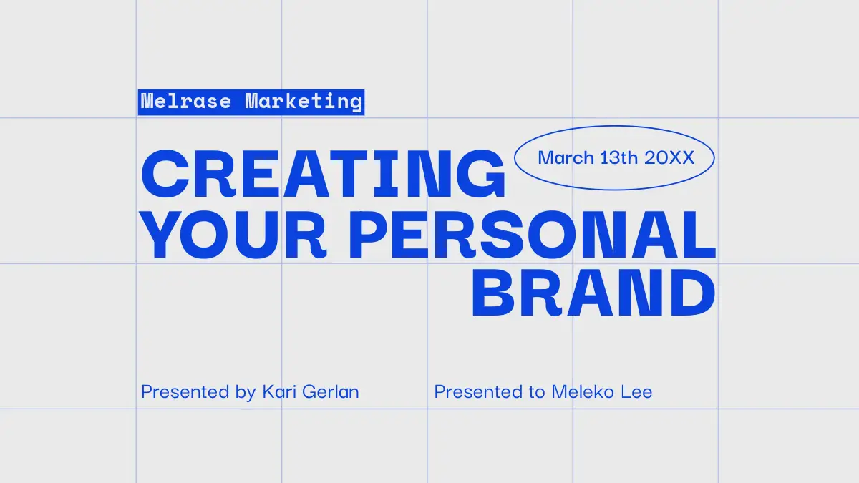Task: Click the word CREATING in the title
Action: tap(324, 174)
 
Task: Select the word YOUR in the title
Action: tap(234, 235)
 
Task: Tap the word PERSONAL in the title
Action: tap(532, 235)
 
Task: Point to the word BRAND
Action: tap(593, 293)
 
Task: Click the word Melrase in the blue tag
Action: tap(186, 102)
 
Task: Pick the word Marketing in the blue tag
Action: tap(304, 102)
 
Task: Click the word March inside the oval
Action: tap(566, 157)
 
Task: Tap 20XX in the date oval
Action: tap(669, 157)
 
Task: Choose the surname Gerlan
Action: tap(331, 392)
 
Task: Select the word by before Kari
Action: tap(246, 393)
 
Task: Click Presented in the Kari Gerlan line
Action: tap(185, 391)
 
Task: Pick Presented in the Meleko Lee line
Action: tap(478, 391)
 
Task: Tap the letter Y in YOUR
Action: tap(162, 235)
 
